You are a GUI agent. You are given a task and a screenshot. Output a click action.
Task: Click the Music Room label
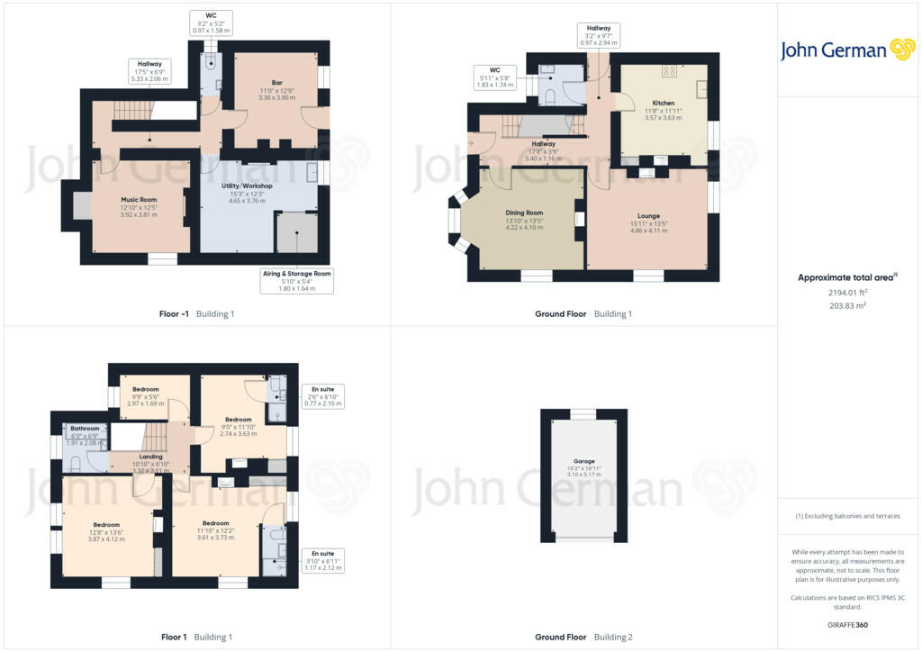point(140,199)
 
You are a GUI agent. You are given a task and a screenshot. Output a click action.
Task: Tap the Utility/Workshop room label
point(246,186)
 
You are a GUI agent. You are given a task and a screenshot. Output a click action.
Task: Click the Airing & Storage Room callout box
point(296,280)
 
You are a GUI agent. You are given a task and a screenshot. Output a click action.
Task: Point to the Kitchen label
point(663,104)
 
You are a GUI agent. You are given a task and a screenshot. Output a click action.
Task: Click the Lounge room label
point(648,216)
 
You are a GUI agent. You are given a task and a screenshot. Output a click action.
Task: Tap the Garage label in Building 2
point(583,461)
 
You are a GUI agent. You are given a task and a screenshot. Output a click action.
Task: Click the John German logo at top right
point(847,50)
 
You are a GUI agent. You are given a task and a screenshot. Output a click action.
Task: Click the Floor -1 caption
point(171,313)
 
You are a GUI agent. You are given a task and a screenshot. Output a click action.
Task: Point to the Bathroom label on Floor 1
point(85,429)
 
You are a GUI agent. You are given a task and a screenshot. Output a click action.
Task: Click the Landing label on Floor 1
point(150,457)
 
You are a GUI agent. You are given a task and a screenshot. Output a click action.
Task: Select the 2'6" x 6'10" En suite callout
point(322,396)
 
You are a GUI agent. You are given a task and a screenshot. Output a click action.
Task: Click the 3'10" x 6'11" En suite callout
point(322,560)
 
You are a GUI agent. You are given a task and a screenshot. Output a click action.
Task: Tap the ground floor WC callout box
point(494,76)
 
